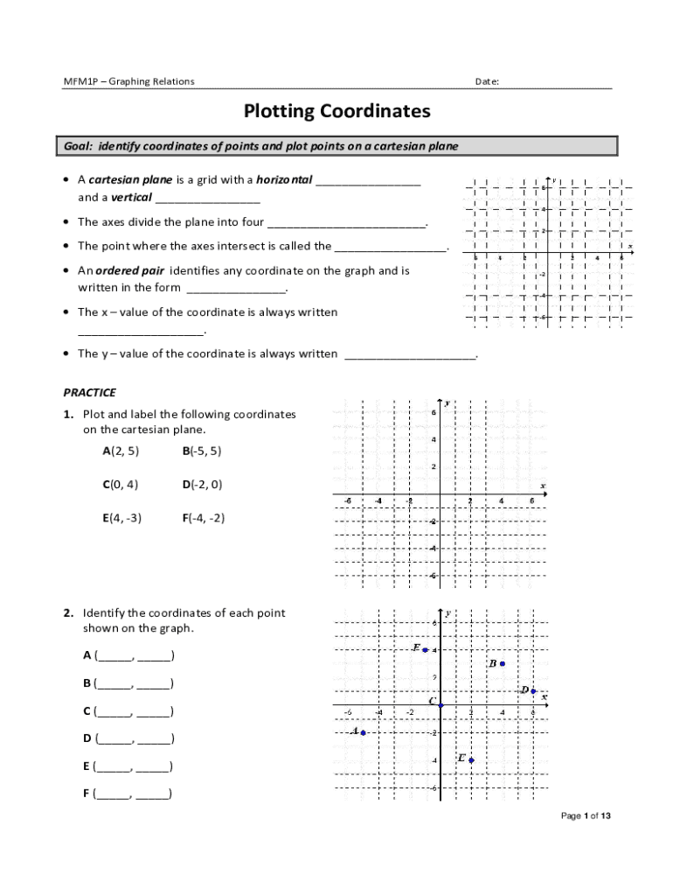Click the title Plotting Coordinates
pyautogui.click(x=336, y=112)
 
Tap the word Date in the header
pyautogui.click(x=486, y=81)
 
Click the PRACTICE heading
pyautogui.click(x=89, y=393)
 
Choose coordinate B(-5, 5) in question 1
pyautogui.click(x=202, y=451)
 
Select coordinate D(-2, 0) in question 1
pyautogui.click(x=202, y=484)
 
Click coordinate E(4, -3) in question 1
pyautogui.click(x=121, y=517)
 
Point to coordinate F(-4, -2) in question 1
pyautogui.click(x=204, y=517)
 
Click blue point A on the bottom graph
pyautogui.click(x=363, y=732)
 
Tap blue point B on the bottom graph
pyautogui.click(x=503, y=664)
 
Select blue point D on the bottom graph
pyautogui.click(x=533, y=691)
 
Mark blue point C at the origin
pyautogui.click(x=441, y=705)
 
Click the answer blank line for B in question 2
pyautogui.click(x=134, y=683)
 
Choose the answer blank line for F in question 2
pyautogui.click(x=134, y=794)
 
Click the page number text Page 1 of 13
pyautogui.click(x=585, y=816)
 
